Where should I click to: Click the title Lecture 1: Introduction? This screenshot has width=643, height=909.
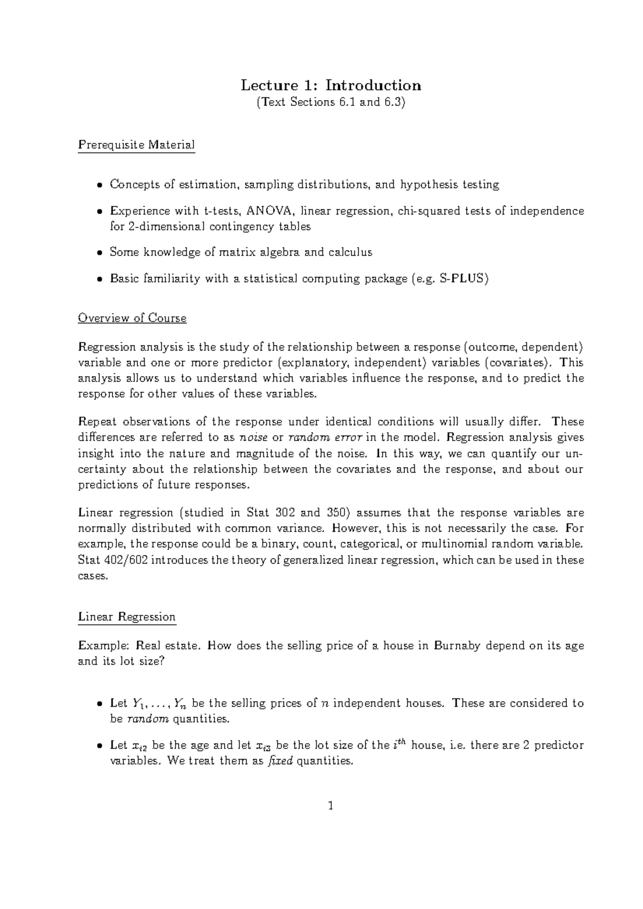click(x=331, y=85)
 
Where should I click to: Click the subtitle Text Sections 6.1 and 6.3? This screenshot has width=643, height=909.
click(x=331, y=102)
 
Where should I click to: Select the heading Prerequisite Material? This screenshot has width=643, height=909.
click(x=136, y=145)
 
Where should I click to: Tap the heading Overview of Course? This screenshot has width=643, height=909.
click(x=132, y=318)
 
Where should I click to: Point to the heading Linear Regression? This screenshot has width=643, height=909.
click(x=126, y=617)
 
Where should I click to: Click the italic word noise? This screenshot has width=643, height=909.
click(x=254, y=437)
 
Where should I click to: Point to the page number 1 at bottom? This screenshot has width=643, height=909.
click(x=331, y=806)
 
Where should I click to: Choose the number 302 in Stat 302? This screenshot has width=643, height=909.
click(x=285, y=513)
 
